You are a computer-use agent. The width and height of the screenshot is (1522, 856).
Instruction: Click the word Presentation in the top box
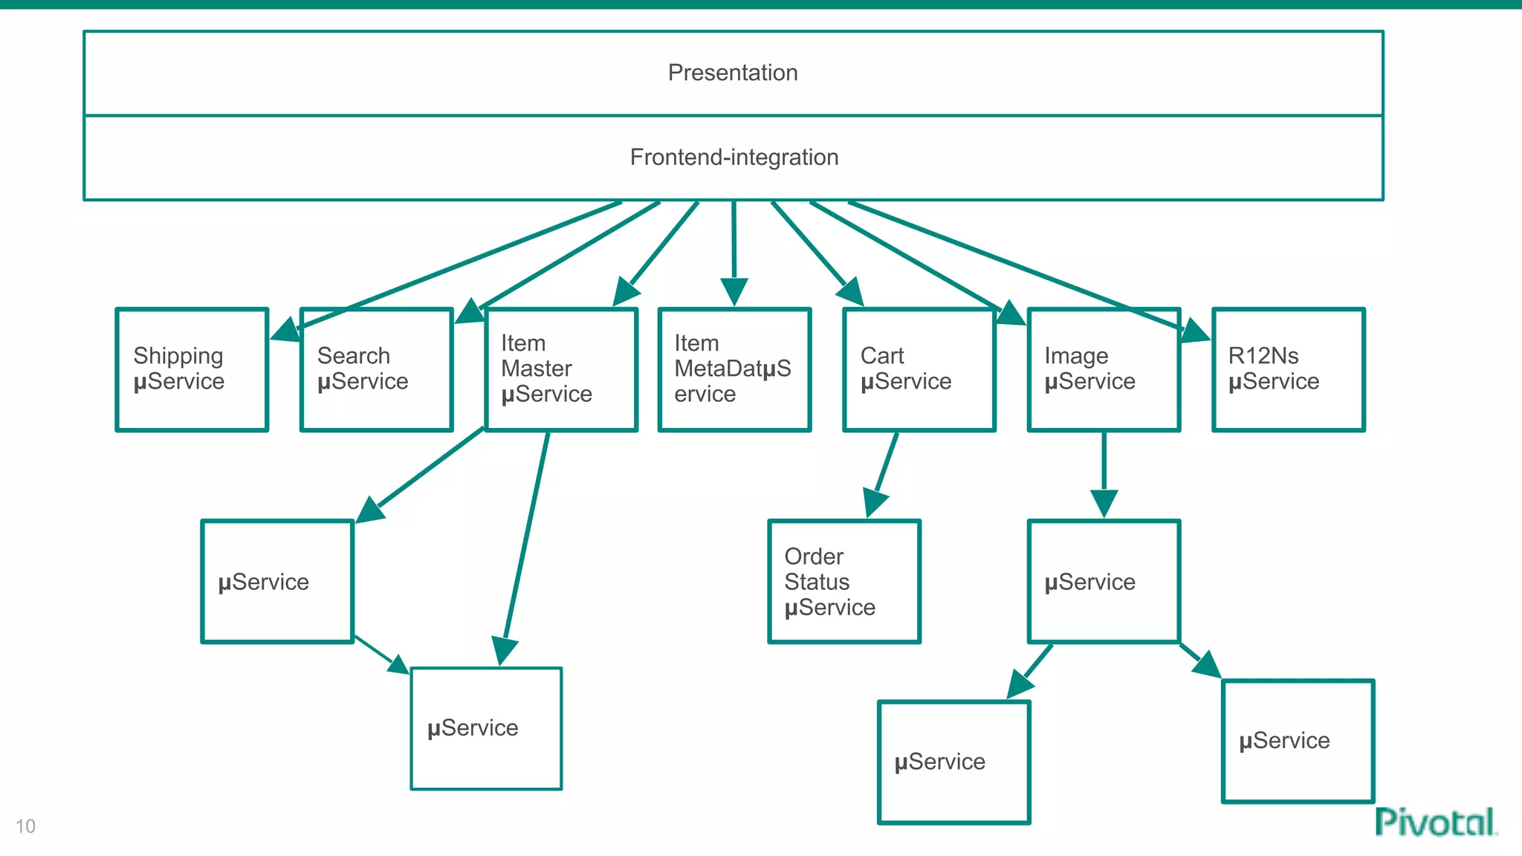coord(733,73)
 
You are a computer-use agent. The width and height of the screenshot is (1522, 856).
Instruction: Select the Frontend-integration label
coord(734,158)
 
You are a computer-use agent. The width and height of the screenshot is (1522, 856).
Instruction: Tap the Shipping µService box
coord(192,369)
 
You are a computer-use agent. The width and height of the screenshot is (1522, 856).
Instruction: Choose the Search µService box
coord(376,369)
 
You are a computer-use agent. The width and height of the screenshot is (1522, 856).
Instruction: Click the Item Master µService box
coord(561,369)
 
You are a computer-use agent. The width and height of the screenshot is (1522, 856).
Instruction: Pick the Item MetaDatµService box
coord(734,369)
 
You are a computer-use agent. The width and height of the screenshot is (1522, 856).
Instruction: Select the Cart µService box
coord(919,369)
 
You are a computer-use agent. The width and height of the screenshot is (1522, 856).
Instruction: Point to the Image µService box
coord(1104,369)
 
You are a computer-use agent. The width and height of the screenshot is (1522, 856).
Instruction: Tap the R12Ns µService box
coord(1288,369)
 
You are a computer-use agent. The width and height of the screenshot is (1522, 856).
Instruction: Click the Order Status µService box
coord(844,582)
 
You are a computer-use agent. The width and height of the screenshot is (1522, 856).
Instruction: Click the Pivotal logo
coord(1435,823)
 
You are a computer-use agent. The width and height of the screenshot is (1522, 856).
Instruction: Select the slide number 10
coord(25,826)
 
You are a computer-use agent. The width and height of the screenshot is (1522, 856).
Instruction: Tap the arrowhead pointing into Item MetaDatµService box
coord(734,291)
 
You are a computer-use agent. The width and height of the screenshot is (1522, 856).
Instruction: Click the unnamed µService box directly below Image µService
coord(1104,582)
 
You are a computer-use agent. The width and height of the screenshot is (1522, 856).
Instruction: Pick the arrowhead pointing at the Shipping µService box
coord(285,329)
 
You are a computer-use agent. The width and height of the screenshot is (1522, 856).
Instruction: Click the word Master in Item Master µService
coord(536,369)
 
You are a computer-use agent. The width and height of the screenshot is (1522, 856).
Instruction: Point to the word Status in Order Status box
coord(817,582)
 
